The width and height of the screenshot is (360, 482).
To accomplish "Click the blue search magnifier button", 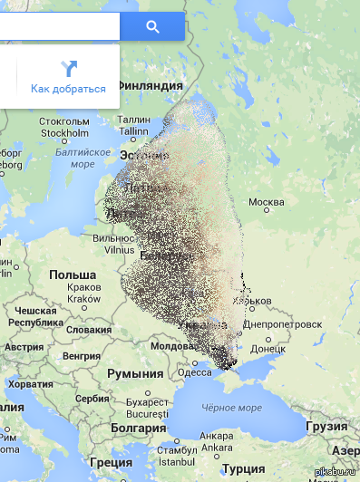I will (152, 26).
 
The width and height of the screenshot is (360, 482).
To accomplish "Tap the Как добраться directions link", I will (68, 89).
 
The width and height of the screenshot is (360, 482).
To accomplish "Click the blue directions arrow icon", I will (69, 68).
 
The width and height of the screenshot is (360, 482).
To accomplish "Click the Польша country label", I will (73, 275).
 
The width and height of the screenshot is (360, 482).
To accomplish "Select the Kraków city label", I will (84, 298).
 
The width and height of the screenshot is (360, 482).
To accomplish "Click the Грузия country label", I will (326, 425).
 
